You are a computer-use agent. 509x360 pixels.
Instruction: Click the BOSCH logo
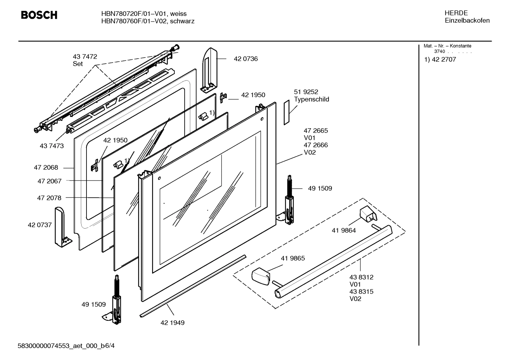(x=39, y=15)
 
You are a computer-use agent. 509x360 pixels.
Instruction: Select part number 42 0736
(x=246, y=59)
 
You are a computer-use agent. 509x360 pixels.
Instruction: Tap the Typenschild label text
(x=311, y=100)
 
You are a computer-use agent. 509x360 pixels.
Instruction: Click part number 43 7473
(x=52, y=146)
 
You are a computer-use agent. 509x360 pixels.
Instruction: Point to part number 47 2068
(x=46, y=168)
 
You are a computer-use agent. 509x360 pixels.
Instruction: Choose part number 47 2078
(x=49, y=198)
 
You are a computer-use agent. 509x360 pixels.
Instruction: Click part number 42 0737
(x=40, y=225)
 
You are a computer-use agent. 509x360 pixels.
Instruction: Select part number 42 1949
(x=172, y=323)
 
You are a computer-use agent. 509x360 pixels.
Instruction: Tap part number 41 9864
(x=344, y=231)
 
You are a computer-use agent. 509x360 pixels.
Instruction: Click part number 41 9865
(x=293, y=258)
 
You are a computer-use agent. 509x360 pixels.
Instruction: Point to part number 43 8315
(x=361, y=292)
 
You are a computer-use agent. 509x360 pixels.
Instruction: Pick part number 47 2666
(x=316, y=145)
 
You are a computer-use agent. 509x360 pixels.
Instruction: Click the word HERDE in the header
(x=456, y=13)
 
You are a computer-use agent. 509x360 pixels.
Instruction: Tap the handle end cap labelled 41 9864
(x=367, y=214)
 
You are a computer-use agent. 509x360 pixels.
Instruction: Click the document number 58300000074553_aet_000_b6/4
(x=66, y=346)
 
